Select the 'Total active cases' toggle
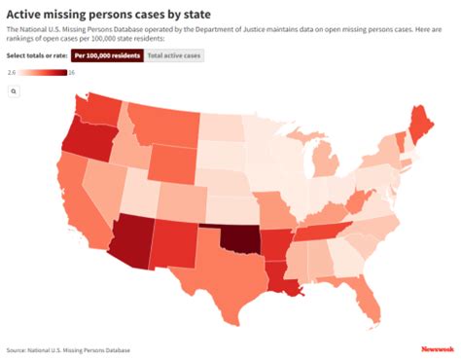point(175,56)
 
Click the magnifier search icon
point(15,90)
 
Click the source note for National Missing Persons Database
point(68,349)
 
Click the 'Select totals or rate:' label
point(36,56)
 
